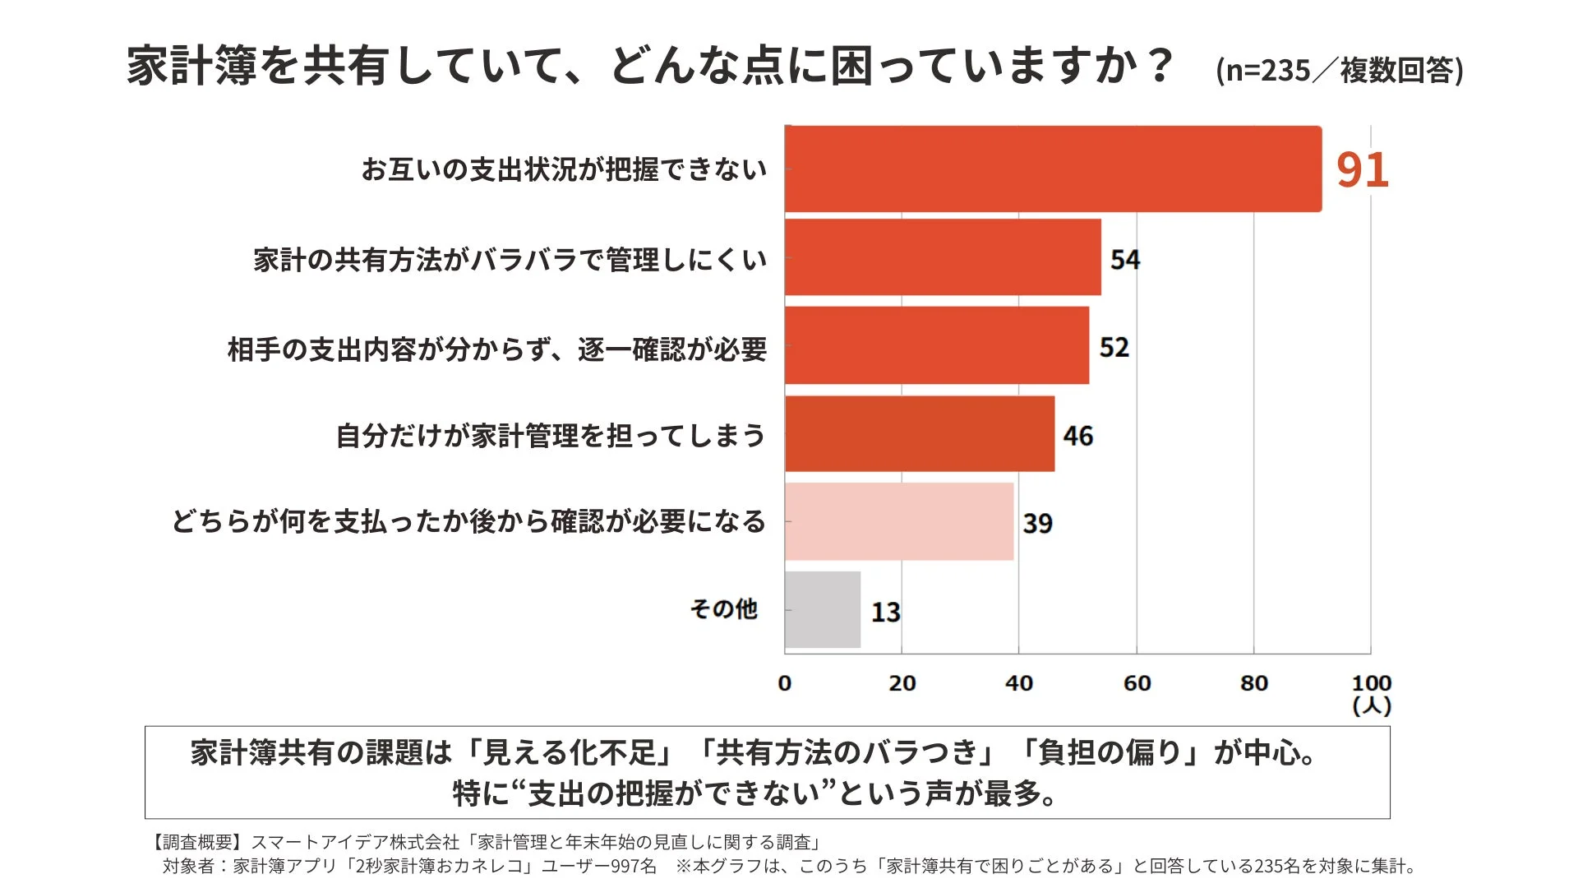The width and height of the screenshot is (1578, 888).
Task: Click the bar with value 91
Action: coord(1053,169)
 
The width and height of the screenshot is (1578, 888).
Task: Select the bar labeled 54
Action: coord(943,257)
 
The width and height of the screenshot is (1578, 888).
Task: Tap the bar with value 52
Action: coord(937,345)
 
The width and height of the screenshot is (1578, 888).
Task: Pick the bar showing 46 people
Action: coord(920,434)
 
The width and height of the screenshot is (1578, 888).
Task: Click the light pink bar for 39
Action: coord(899,521)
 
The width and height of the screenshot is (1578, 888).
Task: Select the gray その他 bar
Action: coord(823,609)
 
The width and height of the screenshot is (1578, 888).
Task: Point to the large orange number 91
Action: coord(1362,170)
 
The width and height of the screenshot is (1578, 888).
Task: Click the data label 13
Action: coord(886,612)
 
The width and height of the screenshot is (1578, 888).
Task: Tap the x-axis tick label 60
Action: coord(1137,683)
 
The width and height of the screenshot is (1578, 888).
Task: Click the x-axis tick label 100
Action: coord(1371,683)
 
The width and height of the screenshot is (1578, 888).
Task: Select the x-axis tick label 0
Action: coord(785,683)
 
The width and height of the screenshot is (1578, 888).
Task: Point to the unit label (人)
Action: coord(1371,705)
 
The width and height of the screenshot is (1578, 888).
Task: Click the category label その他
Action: coord(723,609)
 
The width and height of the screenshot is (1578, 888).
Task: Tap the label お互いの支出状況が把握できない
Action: coord(564,169)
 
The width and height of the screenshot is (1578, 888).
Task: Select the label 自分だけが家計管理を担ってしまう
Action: coord(550,435)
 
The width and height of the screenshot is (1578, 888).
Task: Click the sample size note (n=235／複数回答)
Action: coord(1339,71)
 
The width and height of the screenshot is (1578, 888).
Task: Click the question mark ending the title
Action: coord(1161,64)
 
